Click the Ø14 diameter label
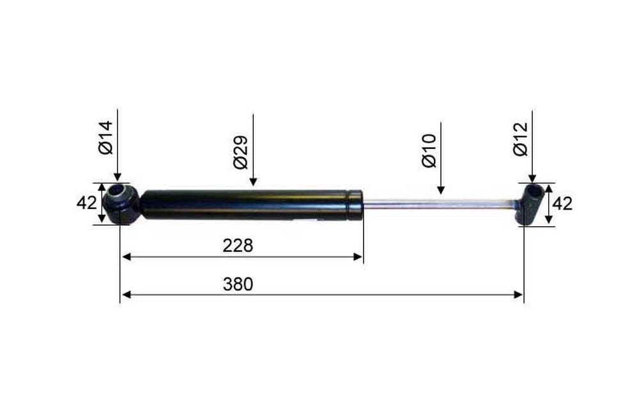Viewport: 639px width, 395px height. (x=105, y=137)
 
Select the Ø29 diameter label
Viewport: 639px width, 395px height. (x=241, y=152)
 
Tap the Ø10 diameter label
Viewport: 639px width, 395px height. (x=429, y=151)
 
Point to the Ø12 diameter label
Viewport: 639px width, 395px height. (x=520, y=139)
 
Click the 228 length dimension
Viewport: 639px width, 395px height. (x=238, y=246)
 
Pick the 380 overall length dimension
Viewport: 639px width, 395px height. (x=238, y=284)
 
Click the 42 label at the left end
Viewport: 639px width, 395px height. (x=87, y=203)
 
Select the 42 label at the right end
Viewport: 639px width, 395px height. (x=563, y=203)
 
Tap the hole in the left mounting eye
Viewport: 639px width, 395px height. (x=119, y=190)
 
